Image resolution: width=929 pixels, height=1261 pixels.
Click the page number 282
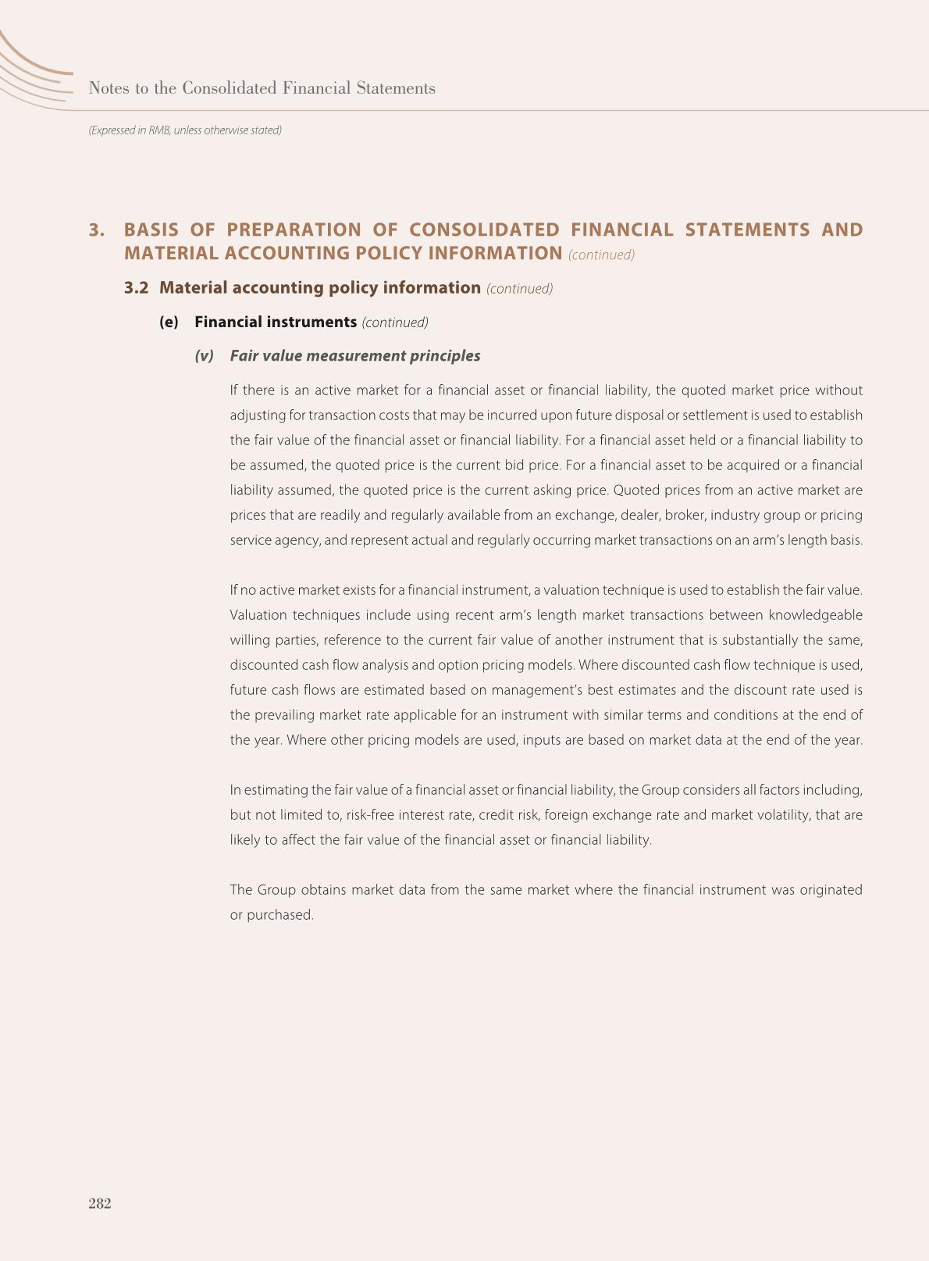pyautogui.click(x=100, y=1203)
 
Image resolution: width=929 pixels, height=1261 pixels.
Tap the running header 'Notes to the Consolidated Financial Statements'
pyautogui.click(x=262, y=88)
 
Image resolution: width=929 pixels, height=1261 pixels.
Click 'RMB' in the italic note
pyautogui.click(x=159, y=130)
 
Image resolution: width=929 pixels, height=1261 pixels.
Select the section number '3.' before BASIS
pyautogui.click(x=97, y=230)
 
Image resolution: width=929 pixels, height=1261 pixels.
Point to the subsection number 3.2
pyautogui.click(x=137, y=287)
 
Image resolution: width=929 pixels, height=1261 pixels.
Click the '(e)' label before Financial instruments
pyautogui.click(x=169, y=322)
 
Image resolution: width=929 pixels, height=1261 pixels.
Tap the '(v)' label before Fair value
pyautogui.click(x=204, y=356)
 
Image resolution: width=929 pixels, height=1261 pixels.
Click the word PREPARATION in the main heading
pyautogui.click(x=294, y=230)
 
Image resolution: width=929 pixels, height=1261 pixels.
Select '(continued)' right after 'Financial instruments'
pyautogui.click(x=395, y=322)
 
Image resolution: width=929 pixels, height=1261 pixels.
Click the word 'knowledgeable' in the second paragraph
pyautogui.click(x=816, y=615)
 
